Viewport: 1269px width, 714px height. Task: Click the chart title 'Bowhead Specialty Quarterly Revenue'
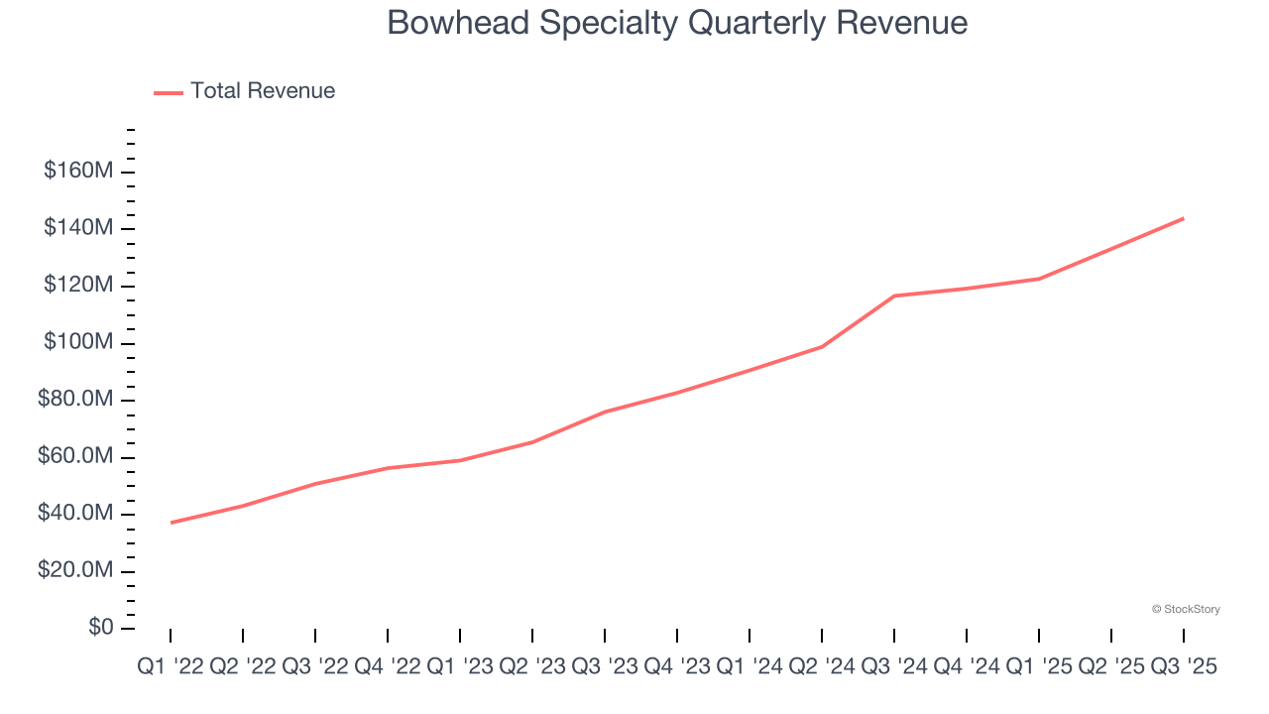pyautogui.click(x=677, y=23)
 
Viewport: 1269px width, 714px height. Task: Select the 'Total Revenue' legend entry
pyautogui.click(x=263, y=91)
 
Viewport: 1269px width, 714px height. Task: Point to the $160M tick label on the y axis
pyautogui.click(x=78, y=171)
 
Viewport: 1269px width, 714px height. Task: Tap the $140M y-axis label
pyautogui.click(x=78, y=228)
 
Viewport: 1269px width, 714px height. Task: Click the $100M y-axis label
pyautogui.click(x=78, y=342)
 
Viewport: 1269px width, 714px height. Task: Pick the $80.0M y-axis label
pyautogui.click(x=75, y=400)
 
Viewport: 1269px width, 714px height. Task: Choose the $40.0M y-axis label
pyautogui.click(x=75, y=514)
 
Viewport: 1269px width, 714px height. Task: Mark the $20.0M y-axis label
pyautogui.click(x=75, y=571)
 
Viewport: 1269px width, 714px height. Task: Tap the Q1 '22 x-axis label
pyautogui.click(x=170, y=667)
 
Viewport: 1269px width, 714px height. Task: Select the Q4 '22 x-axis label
pyautogui.click(x=387, y=667)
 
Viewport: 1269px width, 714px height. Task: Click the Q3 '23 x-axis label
pyautogui.click(x=604, y=667)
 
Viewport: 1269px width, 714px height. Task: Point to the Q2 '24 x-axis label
pyautogui.click(x=822, y=667)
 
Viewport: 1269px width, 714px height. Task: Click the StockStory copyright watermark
pyautogui.click(x=1186, y=609)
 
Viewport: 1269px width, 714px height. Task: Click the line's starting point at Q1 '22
pyautogui.click(x=171, y=523)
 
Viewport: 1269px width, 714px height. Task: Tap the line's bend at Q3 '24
pyautogui.click(x=894, y=296)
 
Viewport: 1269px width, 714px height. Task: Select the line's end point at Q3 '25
pyautogui.click(x=1184, y=218)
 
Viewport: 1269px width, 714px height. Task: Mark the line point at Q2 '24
pyautogui.click(x=822, y=346)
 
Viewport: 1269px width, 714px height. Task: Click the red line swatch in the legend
pyautogui.click(x=169, y=92)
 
